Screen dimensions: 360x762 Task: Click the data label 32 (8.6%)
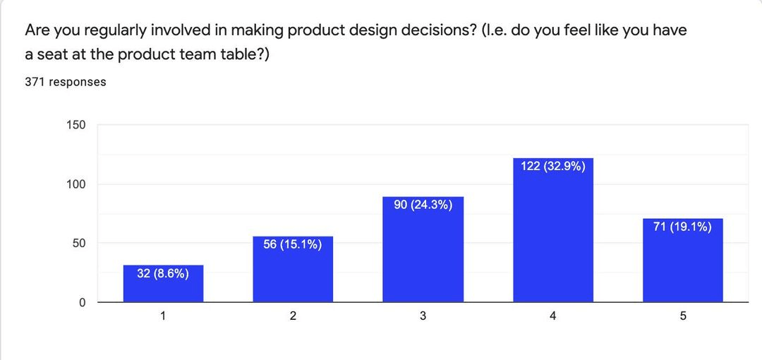163,274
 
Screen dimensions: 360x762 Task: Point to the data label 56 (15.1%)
293,245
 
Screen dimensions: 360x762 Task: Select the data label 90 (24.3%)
423,205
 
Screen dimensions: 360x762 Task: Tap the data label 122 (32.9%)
552,167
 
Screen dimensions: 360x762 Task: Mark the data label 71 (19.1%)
682,227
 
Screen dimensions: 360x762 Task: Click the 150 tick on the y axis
76,125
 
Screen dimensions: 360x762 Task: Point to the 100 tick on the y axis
76,184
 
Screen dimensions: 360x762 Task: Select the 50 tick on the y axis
79,244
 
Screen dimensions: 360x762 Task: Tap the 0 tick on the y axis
82,303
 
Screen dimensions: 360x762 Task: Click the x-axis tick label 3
423,317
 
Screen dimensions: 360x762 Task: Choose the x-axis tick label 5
682,317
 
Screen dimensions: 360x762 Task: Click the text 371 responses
66,82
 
